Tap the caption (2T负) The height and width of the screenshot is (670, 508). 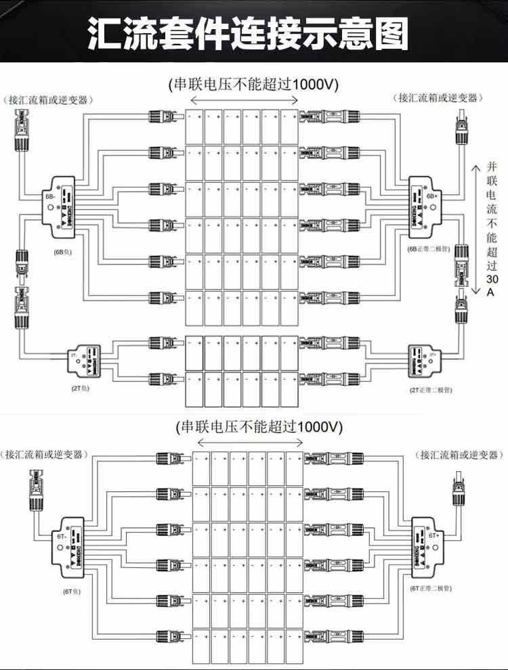(80, 390)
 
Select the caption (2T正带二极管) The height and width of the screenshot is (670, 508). (430, 390)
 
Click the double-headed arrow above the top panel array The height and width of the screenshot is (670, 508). (243, 100)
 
